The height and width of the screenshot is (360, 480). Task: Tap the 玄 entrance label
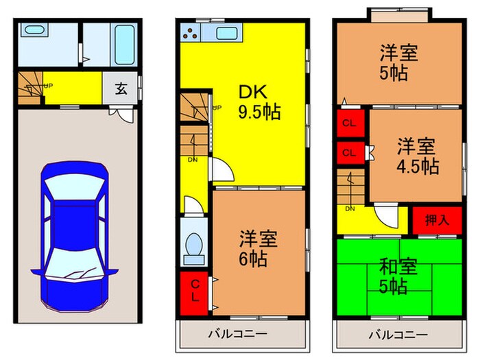click(121, 88)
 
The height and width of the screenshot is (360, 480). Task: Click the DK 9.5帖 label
click(259, 102)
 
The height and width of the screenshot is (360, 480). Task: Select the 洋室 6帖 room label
click(258, 249)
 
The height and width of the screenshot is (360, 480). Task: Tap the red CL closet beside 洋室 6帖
click(195, 290)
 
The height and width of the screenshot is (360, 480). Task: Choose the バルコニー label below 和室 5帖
click(397, 335)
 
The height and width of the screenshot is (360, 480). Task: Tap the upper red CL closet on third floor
click(349, 124)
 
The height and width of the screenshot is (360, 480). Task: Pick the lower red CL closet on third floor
click(349, 152)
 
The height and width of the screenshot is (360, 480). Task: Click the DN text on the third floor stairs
click(350, 208)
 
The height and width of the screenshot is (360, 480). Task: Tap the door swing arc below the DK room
click(220, 171)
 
